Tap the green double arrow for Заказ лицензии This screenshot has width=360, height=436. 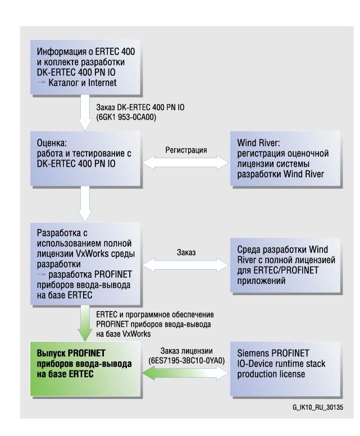186,371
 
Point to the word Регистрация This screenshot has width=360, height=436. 186,150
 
